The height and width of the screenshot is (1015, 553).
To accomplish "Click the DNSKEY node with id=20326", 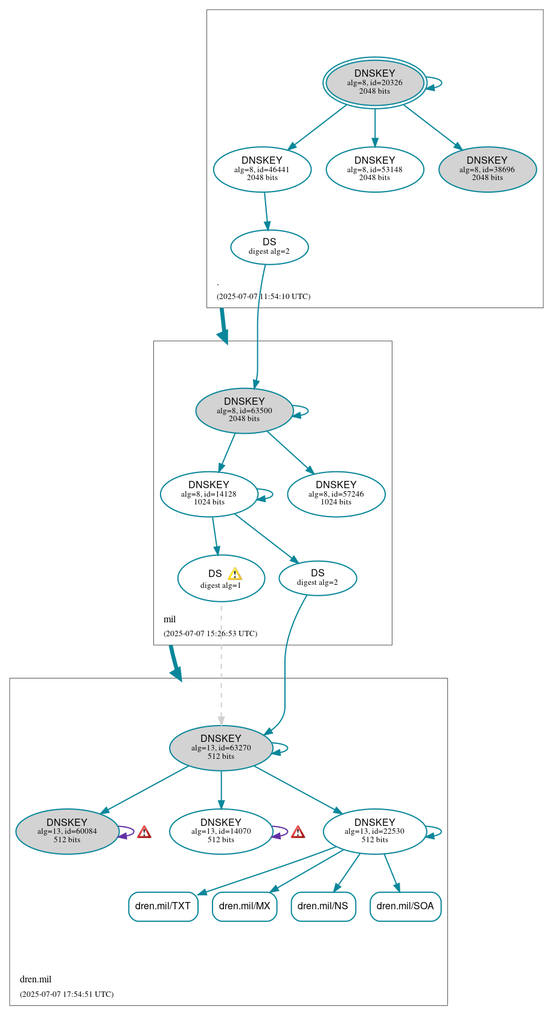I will (374, 83).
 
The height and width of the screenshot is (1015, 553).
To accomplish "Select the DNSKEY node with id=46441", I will (262, 169).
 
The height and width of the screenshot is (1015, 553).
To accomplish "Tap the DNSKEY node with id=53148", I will (374, 169).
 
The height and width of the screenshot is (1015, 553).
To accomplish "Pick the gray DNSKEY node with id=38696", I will (487, 169).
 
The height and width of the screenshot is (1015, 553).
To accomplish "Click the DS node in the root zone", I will (269, 247).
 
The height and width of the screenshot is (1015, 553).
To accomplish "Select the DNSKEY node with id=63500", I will (244, 410).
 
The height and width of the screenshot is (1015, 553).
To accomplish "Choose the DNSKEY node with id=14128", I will (209, 494).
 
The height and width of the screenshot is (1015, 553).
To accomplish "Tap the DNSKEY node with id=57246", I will (336, 494).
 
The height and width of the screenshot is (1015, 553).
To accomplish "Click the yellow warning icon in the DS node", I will (235, 574).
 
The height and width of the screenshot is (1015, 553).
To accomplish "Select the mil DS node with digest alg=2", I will (318, 578).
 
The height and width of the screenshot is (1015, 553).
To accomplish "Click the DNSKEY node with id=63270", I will (221, 747).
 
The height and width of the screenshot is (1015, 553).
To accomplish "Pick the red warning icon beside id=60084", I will (144, 833).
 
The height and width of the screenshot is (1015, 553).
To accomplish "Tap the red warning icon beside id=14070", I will (298, 833).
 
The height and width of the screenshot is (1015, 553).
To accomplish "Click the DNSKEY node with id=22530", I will (374, 831).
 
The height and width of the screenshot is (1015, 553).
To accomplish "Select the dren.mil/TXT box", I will (163, 906).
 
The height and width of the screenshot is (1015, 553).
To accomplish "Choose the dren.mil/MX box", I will (245, 906).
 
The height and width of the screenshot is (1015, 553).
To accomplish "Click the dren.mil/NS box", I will (323, 906).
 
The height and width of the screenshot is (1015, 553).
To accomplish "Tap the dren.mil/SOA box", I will (405, 906).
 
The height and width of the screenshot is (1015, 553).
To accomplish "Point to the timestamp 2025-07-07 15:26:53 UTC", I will (210, 634).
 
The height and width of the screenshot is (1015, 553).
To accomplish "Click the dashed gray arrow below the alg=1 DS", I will (221, 665).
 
